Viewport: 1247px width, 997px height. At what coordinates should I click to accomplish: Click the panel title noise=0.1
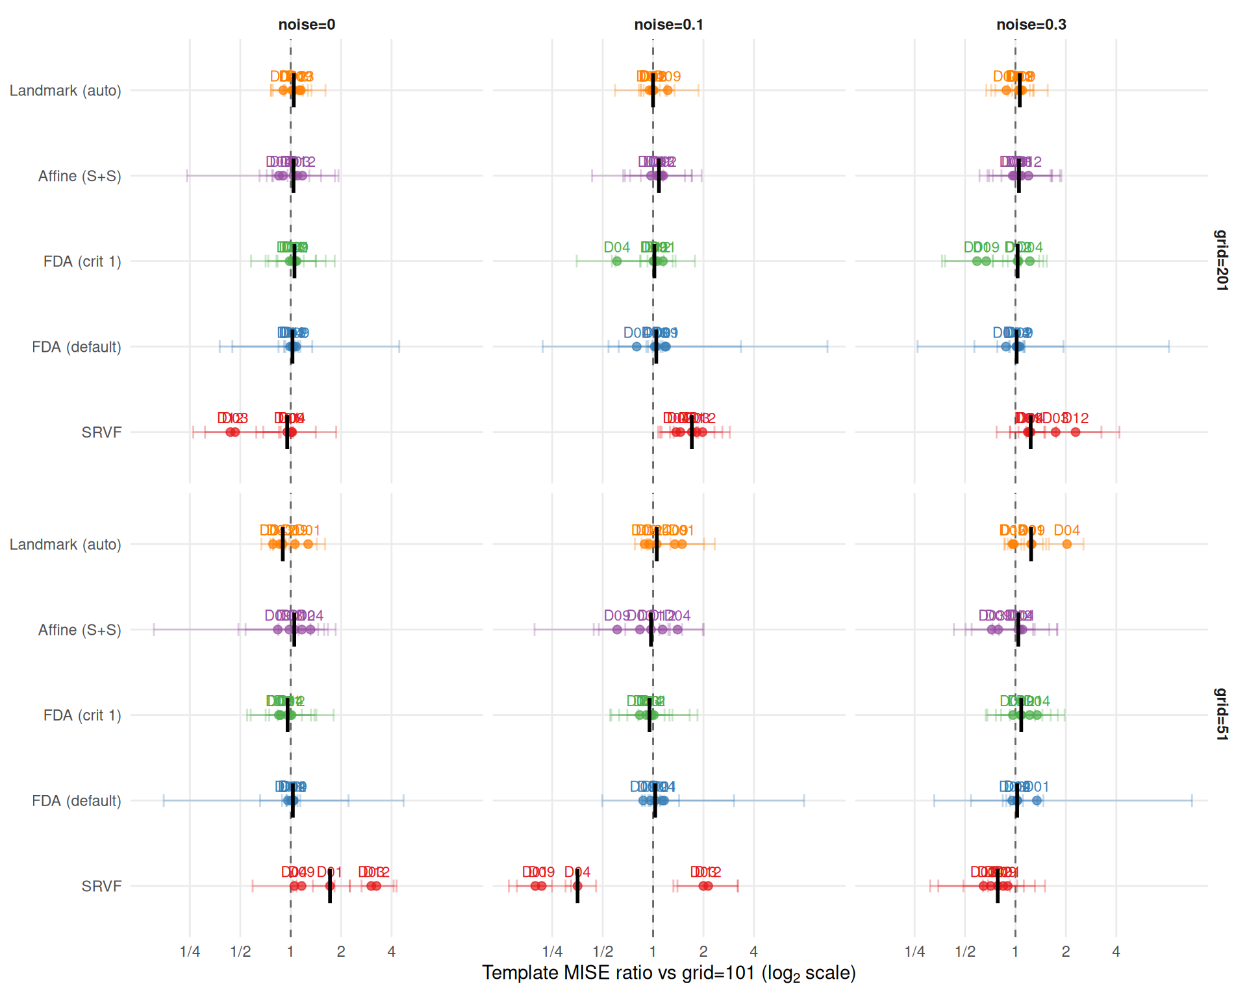coord(668,25)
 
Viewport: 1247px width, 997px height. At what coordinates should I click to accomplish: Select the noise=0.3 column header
coord(1031,25)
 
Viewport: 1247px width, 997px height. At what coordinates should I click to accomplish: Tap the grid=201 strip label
coord(1221,260)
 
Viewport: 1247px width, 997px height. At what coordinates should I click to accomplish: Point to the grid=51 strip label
coord(1221,714)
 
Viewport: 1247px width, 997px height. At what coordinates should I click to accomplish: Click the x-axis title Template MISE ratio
coord(668,973)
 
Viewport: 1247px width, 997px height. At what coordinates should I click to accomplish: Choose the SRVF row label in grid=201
coord(101,432)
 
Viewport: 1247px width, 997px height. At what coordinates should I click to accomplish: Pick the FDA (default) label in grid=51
coord(77,801)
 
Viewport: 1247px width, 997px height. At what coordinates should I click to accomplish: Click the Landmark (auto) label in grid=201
coord(65,91)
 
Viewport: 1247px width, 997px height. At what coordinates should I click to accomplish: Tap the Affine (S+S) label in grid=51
coord(79,630)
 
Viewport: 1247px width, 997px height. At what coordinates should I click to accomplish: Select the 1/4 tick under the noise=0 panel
coord(190,952)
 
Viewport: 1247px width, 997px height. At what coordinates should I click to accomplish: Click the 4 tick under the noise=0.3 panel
coord(1116,952)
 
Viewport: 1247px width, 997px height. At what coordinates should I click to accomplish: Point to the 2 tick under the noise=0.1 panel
coord(703,952)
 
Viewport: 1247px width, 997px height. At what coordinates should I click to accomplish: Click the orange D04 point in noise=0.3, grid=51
coord(1066,544)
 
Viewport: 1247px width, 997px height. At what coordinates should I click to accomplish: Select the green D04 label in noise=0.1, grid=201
coord(616,247)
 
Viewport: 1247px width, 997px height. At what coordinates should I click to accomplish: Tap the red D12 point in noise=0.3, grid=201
coord(1076,432)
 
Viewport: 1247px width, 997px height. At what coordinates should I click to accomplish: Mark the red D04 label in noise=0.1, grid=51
coord(577,872)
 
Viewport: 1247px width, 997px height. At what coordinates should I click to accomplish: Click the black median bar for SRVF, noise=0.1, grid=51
coord(577,886)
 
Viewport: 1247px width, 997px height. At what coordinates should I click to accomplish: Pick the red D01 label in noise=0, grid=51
coord(329,872)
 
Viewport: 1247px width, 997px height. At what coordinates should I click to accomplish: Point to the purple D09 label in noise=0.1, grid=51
coord(616,615)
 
